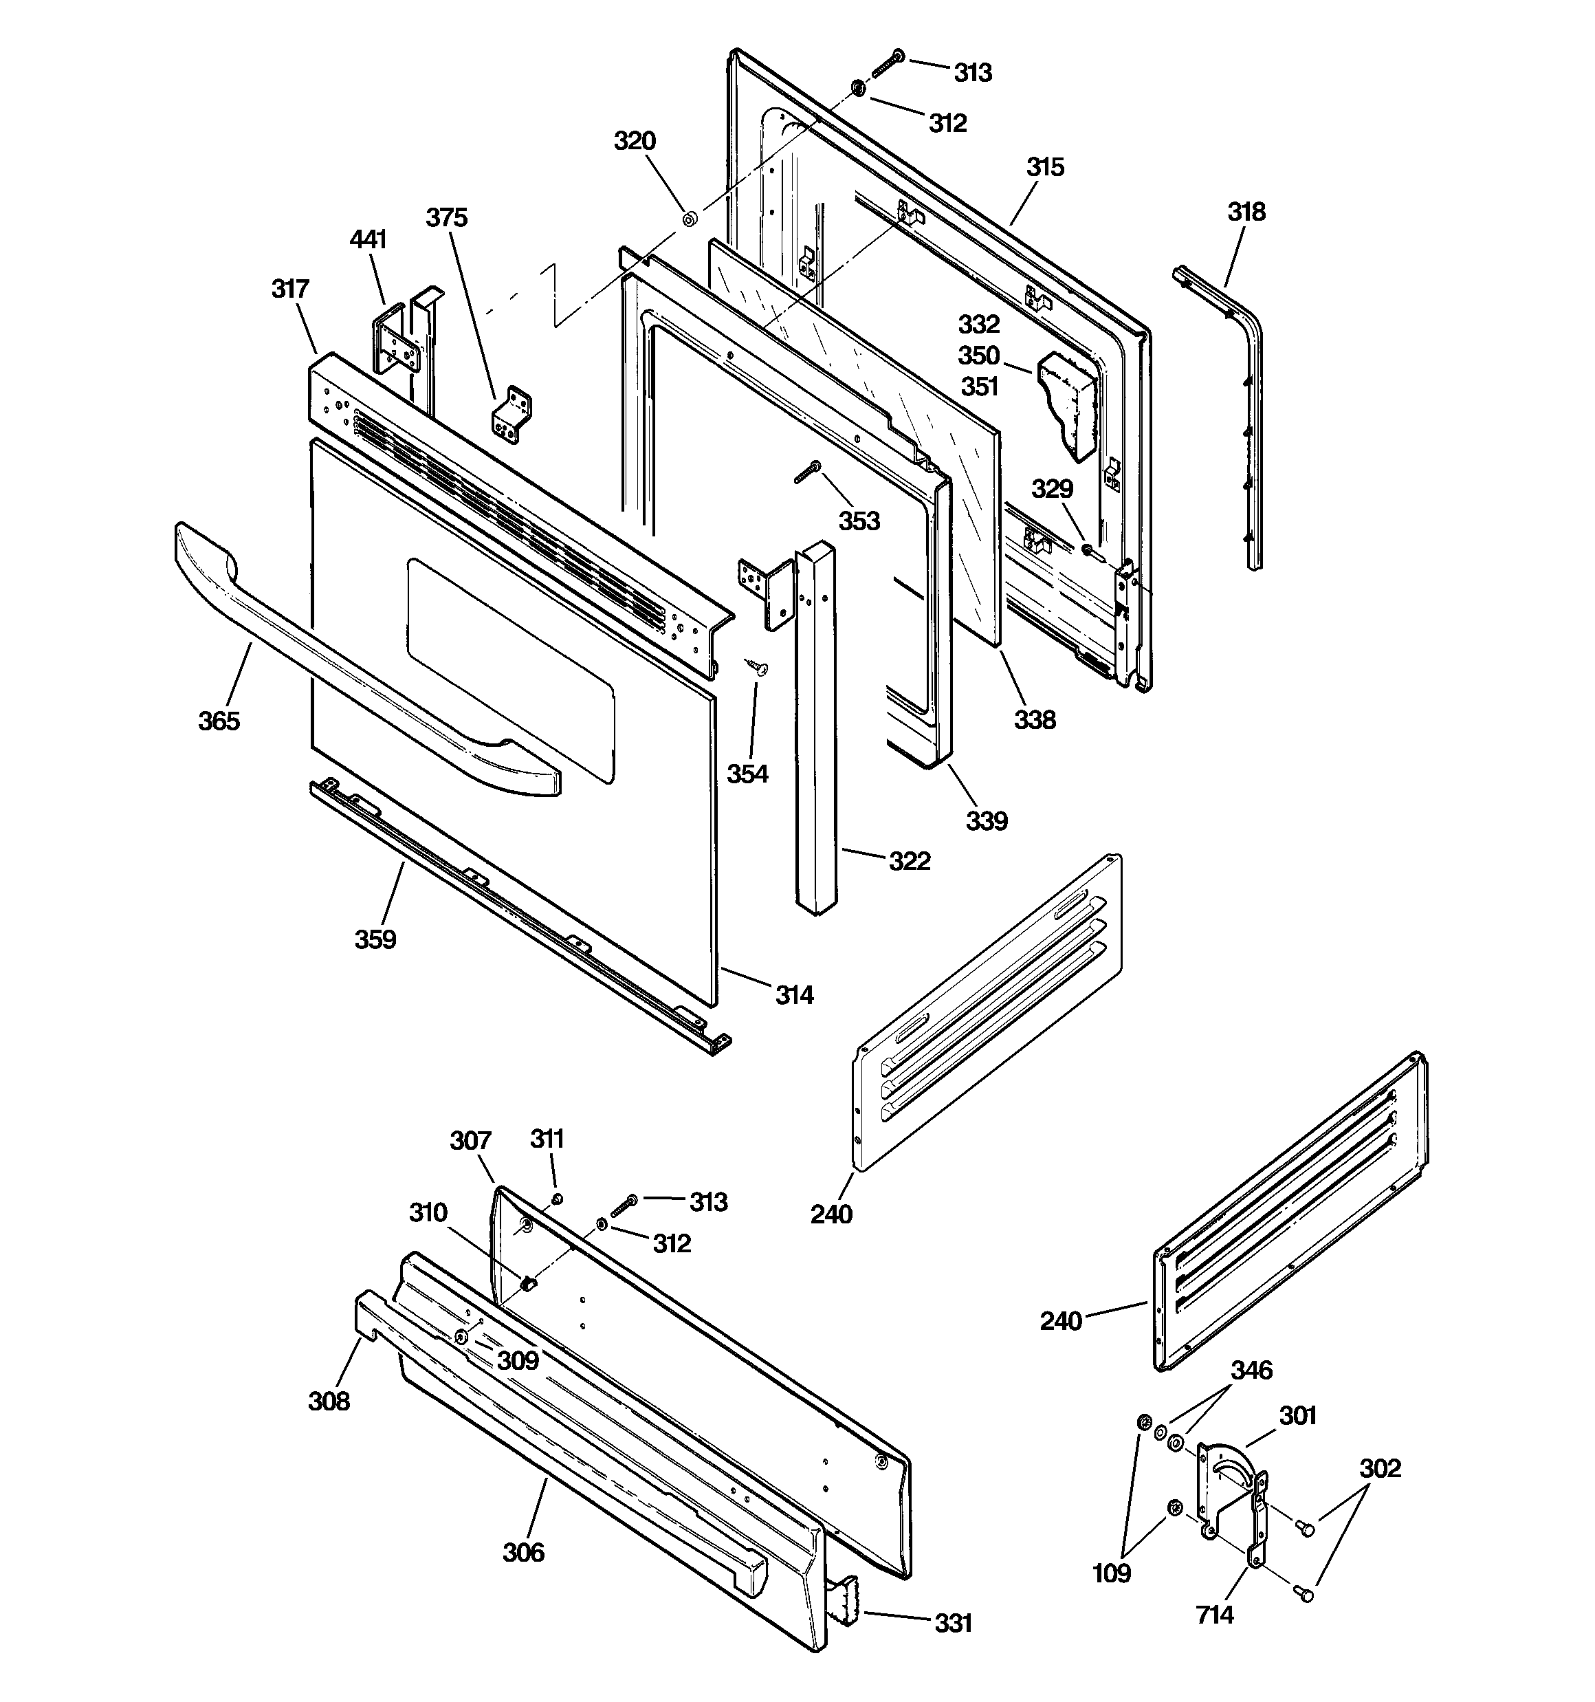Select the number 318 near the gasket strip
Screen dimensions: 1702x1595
pyautogui.click(x=1246, y=212)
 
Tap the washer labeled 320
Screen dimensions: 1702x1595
pyautogui.click(x=688, y=219)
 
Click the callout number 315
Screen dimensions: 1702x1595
pyautogui.click(x=1044, y=167)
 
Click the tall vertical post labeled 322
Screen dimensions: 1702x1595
pyautogui.click(x=814, y=728)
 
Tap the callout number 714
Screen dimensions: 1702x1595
pyautogui.click(x=1215, y=1615)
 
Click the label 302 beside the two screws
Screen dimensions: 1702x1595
pyautogui.click(x=1380, y=1468)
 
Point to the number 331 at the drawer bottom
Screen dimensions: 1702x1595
pyautogui.click(x=953, y=1622)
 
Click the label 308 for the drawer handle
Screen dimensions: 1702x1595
pyautogui.click(x=329, y=1401)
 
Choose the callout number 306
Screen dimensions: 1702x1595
pyautogui.click(x=523, y=1552)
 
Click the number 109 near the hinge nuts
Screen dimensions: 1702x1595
pyautogui.click(x=1111, y=1573)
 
